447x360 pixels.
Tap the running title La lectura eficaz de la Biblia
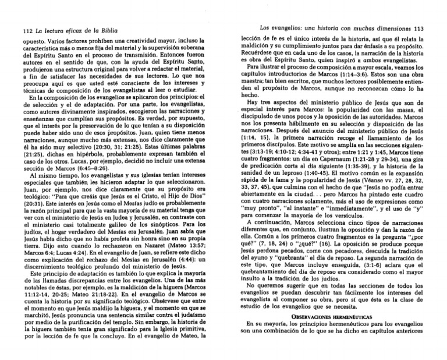pos(68,30)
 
